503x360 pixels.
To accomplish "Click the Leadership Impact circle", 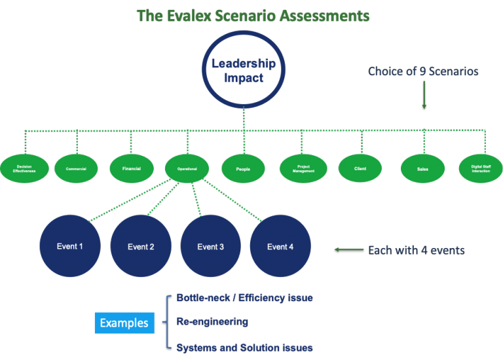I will coord(243,71).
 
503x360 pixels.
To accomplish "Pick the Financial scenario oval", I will coord(131,168).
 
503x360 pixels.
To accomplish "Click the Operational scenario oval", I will coord(187,168).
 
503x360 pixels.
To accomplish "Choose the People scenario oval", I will coord(243,169).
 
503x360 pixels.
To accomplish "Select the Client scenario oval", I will coord(360,168).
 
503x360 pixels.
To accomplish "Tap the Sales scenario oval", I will coord(422,169).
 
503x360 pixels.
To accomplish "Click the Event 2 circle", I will coord(141,246).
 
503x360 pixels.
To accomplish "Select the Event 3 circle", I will coord(210,246).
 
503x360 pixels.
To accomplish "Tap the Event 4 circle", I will coord(280,246).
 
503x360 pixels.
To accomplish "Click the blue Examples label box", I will coord(124,323).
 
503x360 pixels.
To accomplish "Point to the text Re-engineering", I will coord(212,321).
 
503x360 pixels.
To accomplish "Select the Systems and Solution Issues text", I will coord(244,348).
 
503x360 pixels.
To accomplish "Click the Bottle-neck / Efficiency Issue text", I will coord(244,298).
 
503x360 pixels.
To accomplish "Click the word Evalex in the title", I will coord(189,16).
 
